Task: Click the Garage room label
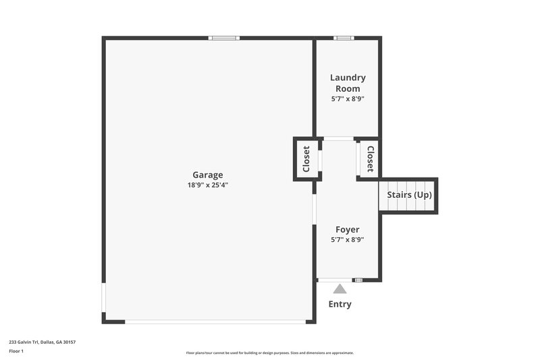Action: [207, 175]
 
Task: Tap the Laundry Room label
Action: [348, 83]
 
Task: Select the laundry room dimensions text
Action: [348, 99]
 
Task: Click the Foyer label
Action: [348, 230]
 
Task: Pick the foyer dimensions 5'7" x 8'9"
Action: [348, 240]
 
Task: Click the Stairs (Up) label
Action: [409, 195]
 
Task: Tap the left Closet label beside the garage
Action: [306, 159]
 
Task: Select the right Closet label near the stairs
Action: [370, 159]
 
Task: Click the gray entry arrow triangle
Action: [340, 289]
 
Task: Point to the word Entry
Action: [340, 304]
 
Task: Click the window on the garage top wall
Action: [225, 38]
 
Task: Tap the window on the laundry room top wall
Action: [344, 38]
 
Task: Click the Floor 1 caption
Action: [16, 351]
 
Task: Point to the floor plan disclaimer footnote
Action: [269, 353]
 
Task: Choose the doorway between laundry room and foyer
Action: [338, 139]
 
